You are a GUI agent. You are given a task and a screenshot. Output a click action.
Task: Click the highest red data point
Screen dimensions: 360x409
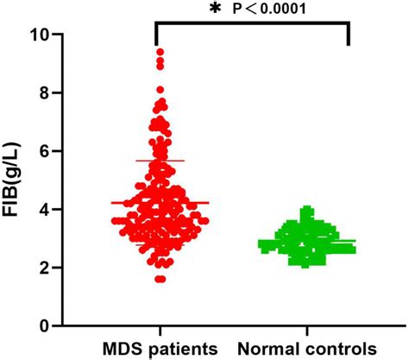coord(160,53)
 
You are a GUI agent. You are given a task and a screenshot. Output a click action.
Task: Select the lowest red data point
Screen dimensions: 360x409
coord(160,278)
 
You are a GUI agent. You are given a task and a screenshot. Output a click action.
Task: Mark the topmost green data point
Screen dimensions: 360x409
coord(307,210)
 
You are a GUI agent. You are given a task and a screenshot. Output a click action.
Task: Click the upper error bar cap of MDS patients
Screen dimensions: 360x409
coord(160,161)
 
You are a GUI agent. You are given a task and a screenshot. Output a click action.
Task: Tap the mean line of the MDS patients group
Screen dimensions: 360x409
coord(160,203)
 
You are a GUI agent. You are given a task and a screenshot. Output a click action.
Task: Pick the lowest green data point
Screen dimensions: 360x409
coord(307,264)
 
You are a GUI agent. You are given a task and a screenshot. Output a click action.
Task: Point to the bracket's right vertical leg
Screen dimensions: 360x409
coord(349,35)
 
